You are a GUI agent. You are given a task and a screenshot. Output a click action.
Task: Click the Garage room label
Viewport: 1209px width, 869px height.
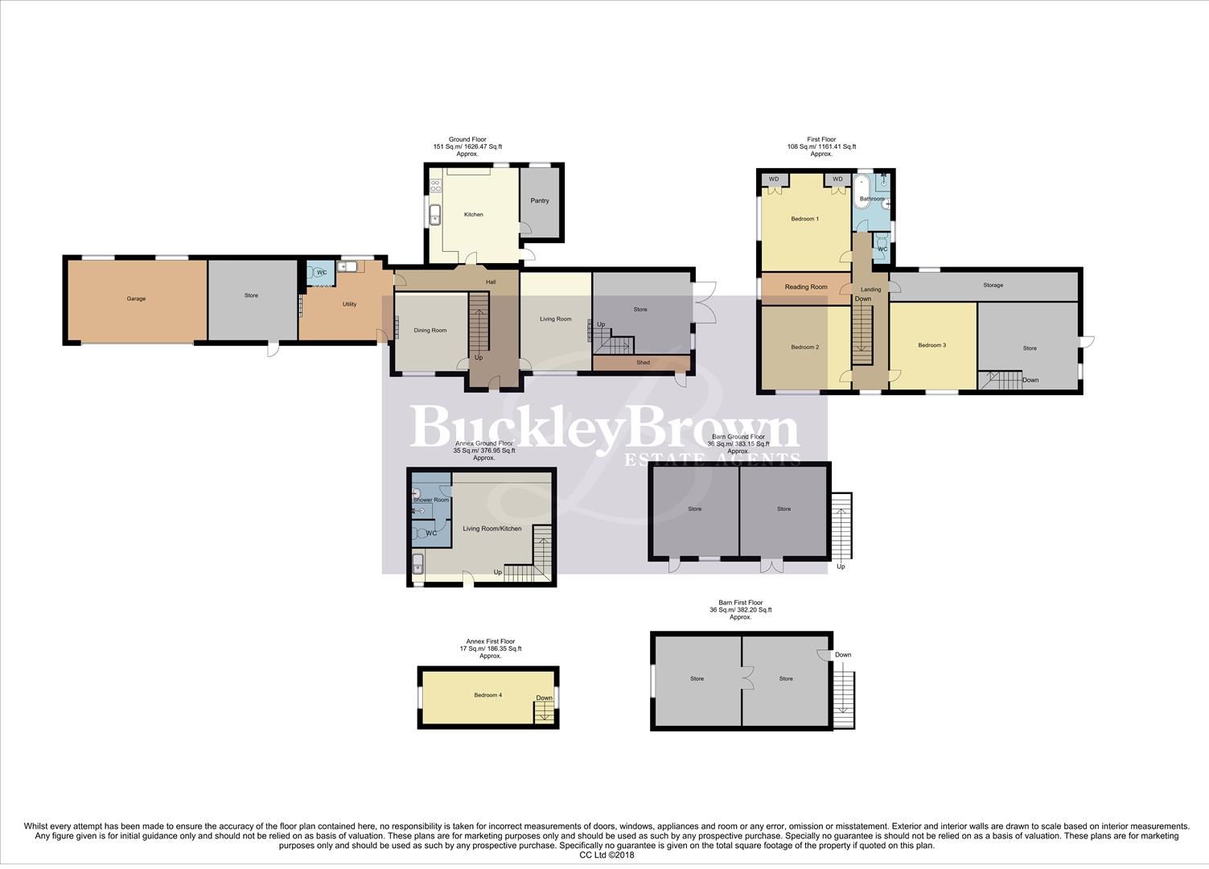136,299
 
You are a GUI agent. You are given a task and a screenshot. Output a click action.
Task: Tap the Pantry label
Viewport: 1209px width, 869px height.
540,200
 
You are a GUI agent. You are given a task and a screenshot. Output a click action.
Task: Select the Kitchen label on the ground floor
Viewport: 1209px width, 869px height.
474,214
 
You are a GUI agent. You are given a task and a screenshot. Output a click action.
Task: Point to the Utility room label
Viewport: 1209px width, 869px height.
349,304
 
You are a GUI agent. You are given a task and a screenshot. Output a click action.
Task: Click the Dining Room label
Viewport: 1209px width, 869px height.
430,330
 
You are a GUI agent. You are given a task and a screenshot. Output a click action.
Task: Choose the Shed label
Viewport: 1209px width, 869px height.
643,363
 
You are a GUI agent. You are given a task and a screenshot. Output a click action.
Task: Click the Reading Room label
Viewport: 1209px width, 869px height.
806,286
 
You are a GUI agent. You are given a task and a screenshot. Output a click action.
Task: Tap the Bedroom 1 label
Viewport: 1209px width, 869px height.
804,219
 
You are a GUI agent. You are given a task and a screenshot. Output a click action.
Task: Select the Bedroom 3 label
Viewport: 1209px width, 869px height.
931,345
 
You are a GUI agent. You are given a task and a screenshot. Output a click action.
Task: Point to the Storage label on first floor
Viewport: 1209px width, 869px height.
993,285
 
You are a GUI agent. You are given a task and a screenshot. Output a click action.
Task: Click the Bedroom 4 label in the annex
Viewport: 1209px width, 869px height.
487,695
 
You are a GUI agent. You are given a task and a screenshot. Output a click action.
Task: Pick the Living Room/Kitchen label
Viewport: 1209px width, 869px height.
492,529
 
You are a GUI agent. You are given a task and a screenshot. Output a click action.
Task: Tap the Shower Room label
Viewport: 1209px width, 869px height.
431,500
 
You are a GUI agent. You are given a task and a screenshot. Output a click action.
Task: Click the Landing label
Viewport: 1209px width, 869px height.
870,289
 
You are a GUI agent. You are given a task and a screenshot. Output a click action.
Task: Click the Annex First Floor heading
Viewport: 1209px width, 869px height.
491,641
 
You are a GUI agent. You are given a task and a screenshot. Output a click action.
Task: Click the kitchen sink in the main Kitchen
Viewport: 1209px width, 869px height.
435,215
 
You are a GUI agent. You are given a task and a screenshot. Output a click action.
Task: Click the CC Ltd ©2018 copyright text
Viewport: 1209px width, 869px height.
607,855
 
